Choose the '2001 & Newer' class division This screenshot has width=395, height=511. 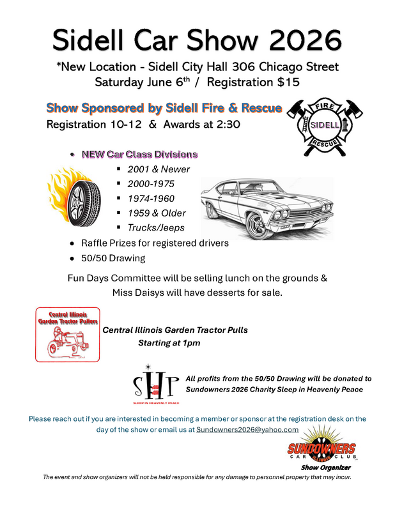159,169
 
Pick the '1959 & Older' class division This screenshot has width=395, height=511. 157,213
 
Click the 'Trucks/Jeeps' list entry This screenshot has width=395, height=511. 155,227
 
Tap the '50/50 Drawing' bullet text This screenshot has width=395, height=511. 113,258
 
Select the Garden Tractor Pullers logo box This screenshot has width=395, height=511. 68,333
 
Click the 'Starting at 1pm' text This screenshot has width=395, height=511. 169,343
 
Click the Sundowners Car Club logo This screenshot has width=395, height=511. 321,451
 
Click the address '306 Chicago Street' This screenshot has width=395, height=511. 286,66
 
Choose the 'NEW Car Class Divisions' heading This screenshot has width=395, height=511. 139,155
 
